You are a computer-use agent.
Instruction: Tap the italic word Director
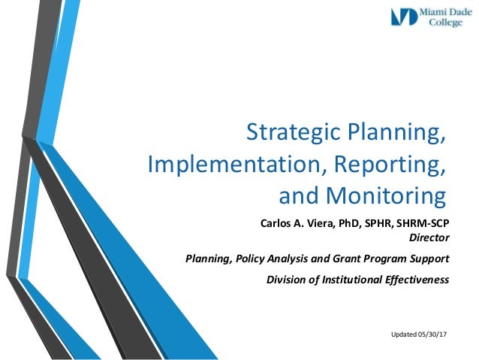tap(429, 239)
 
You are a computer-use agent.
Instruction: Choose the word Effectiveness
tap(420, 280)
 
